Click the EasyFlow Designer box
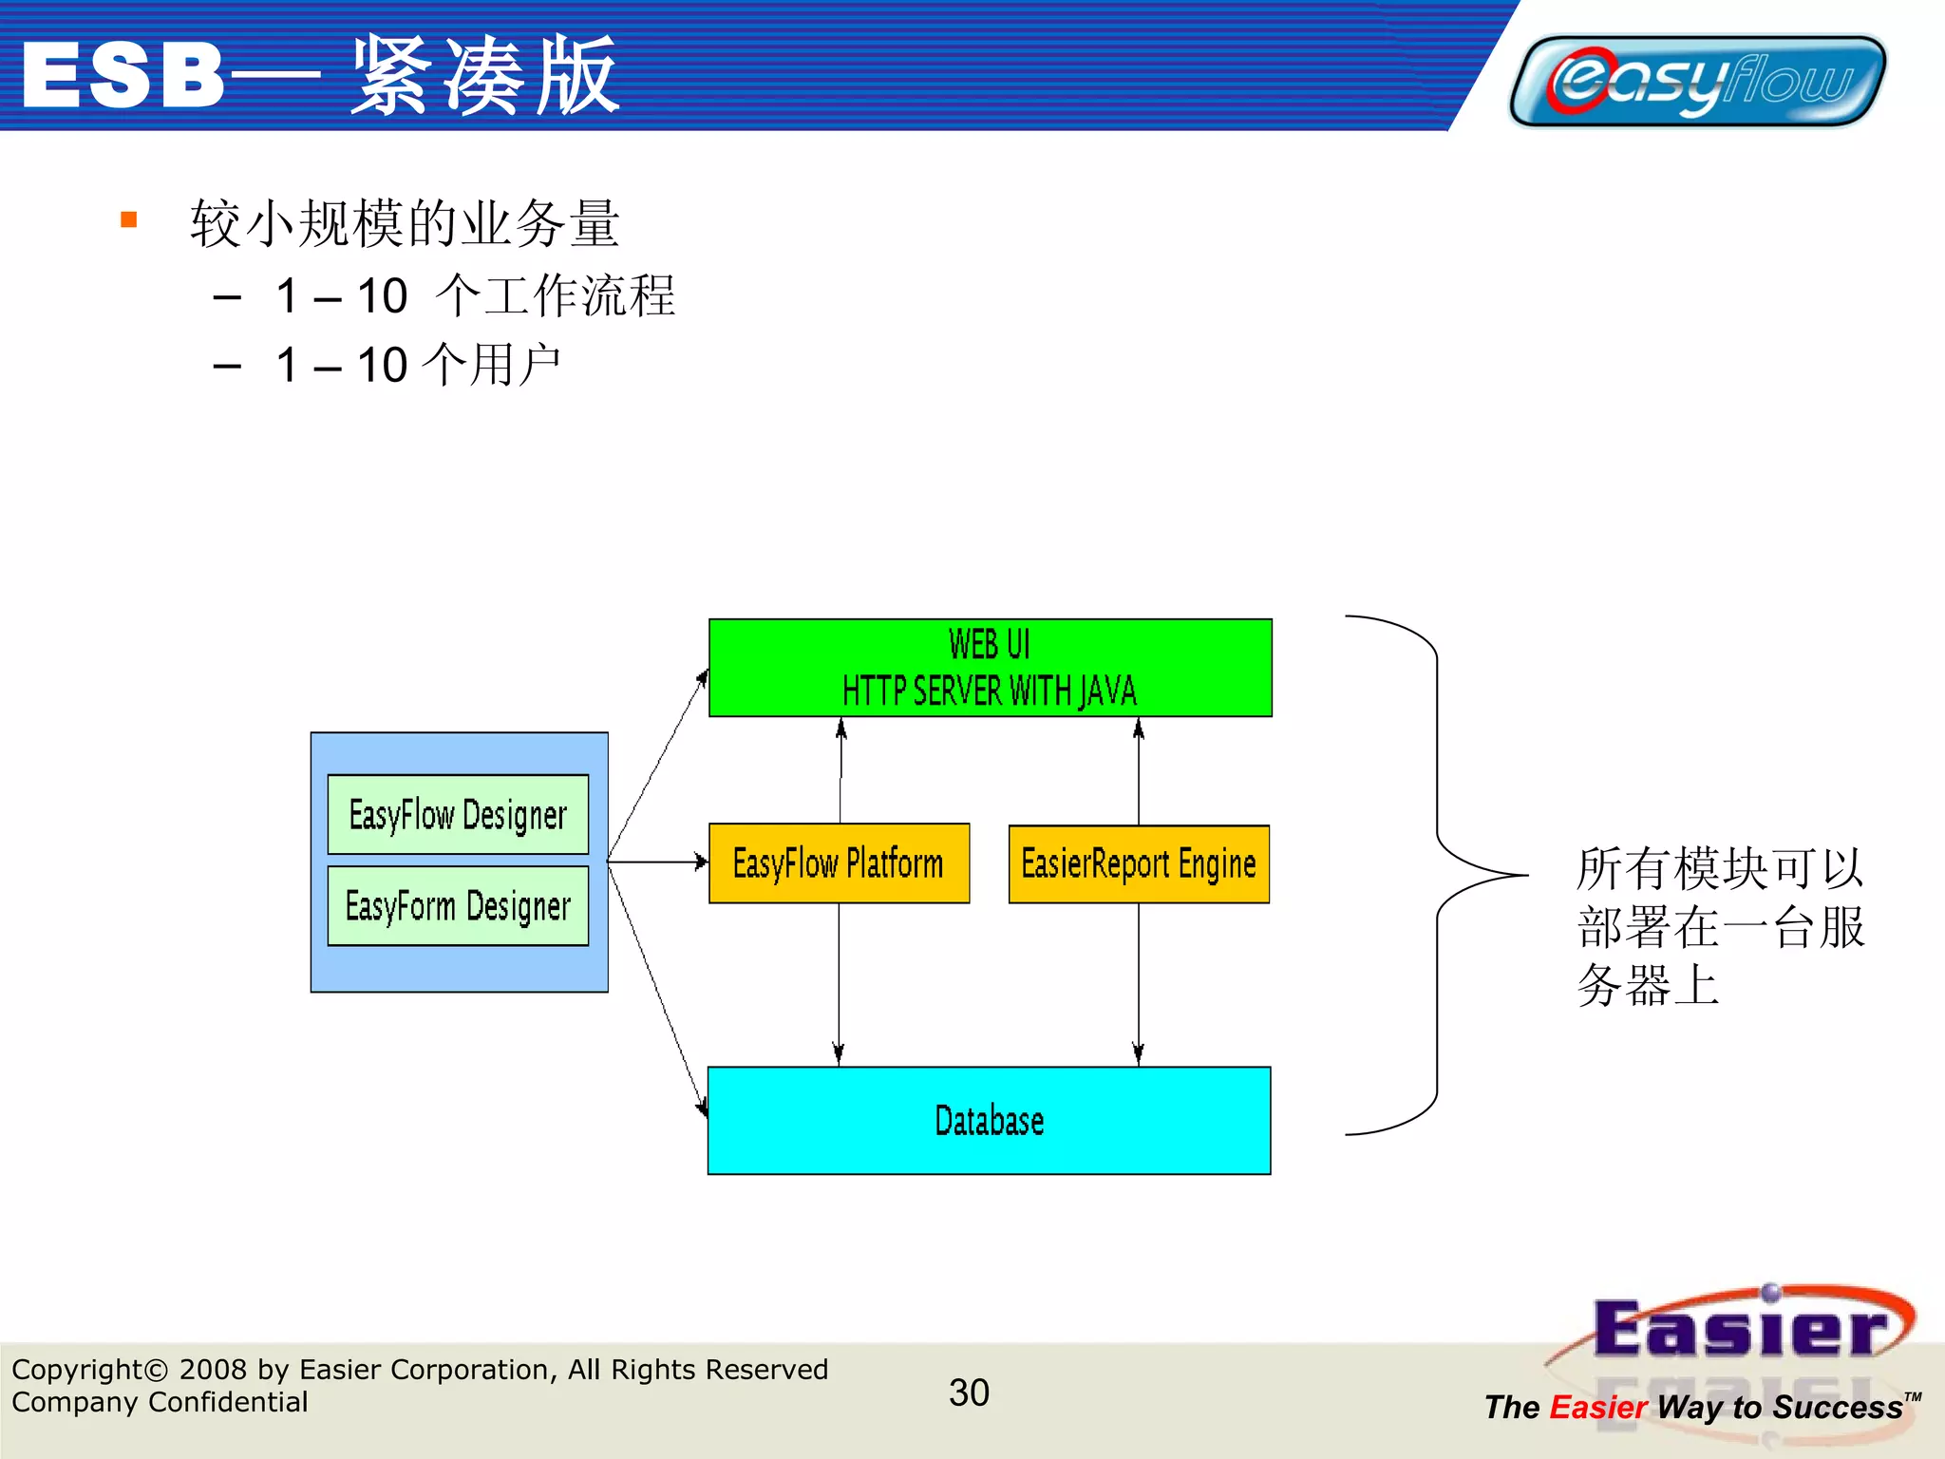click(458, 814)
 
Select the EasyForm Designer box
click(458, 905)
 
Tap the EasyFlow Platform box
click(839, 862)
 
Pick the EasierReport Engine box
click(1138, 863)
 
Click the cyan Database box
click(989, 1120)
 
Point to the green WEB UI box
click(990, 667)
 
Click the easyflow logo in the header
click(1698, 81)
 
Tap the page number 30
click(969, 1393)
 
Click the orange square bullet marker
click(129, 220)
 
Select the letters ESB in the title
click(123, 76)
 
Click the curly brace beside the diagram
click(1438, 874)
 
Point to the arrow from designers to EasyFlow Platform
click(657, 862)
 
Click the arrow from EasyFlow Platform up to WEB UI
click(840, 769)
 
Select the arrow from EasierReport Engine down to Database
click(1138, 983)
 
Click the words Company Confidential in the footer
click(160, 1402)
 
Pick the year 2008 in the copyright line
click(214, 1369)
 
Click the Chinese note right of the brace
click(1719, 925)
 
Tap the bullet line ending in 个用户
click(418, 365)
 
